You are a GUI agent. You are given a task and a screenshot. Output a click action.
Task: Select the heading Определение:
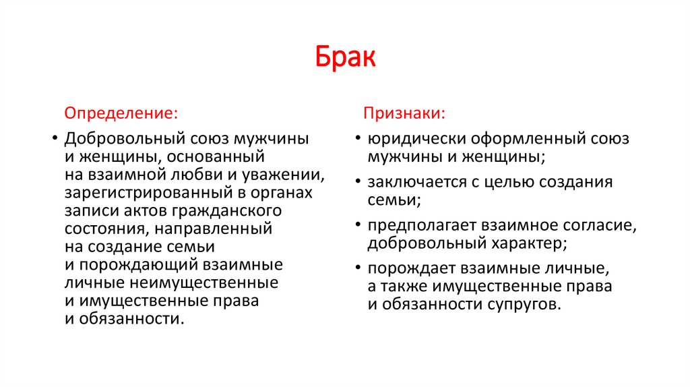[x=121, y=112]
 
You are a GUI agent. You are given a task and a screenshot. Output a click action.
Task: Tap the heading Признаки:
[x=404, y=112]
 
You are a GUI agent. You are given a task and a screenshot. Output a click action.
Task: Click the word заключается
[x=412, y=182]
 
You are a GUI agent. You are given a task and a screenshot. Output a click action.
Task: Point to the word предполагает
[x=416, y=225]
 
